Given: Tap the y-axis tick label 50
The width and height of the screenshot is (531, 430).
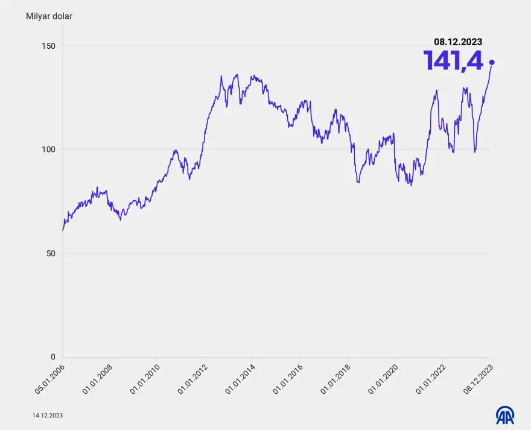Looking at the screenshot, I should point(50,253).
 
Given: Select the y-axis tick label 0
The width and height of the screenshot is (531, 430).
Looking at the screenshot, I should point(52,357).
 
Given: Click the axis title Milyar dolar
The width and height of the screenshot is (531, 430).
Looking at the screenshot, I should point(49,16).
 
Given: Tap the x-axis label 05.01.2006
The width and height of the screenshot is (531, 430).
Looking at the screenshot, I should point(50,379).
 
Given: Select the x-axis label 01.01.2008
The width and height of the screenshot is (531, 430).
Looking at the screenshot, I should point(98,379).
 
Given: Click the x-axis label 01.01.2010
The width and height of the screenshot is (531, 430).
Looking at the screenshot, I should point(145,379).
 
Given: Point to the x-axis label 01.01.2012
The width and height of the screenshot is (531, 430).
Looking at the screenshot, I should point(192,379).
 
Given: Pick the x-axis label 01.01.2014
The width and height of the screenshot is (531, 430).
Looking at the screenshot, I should point(240,379).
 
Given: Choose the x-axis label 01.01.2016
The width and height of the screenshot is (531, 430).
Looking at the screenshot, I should point(288,379).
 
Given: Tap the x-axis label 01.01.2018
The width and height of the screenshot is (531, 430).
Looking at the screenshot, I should point(335,379).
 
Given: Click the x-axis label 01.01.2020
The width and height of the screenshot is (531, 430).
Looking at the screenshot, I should point(383,379).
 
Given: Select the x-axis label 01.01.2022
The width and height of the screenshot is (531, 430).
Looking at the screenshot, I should point(430,379).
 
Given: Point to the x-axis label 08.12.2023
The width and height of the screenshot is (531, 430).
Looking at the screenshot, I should point(478,379).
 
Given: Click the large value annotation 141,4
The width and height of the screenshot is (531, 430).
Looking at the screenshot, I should point(453,61).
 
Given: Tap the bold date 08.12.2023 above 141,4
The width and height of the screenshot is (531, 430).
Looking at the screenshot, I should point(458,42).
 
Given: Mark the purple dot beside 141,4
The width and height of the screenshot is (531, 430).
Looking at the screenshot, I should point(492,62).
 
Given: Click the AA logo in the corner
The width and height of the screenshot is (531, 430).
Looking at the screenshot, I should point(505,415).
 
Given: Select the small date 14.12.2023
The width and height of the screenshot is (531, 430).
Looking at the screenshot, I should point(48,416).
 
